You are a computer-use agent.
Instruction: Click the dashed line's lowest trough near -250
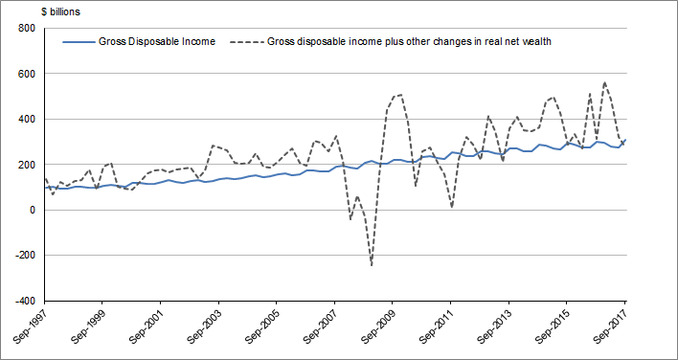(372, 265)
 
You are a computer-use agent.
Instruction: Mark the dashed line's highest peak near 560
(604, 82)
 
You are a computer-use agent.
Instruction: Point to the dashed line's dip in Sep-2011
(451, 206)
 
